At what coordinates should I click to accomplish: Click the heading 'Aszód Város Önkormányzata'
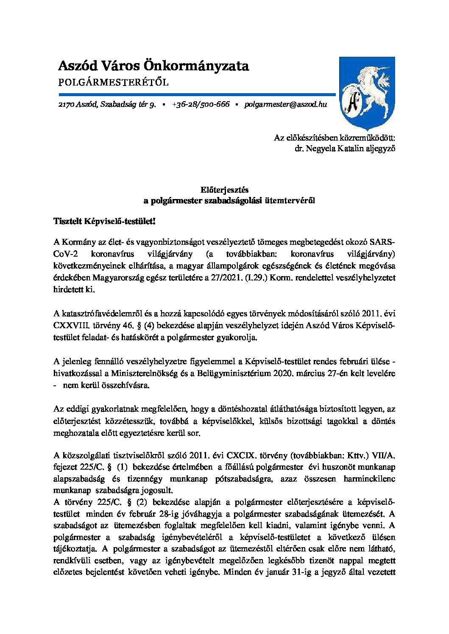click(x=153, y=66)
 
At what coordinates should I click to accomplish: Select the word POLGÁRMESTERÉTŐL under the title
click(x=113, y=82)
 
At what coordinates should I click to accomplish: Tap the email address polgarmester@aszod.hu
click(x=285, y=104)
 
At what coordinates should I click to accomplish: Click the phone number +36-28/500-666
click(x=201, y=104)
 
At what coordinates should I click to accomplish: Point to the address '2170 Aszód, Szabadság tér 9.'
click(x=107, y=104)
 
